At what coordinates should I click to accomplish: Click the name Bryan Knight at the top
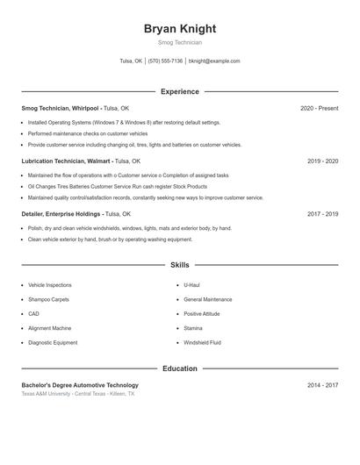pos(180,29)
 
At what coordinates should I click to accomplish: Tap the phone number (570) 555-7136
pos(165,61)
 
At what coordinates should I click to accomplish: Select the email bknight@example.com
pos(214,61)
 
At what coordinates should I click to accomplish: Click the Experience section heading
pos(180,91)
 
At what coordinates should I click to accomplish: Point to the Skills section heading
pos(180,264)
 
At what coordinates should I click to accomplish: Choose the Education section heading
pos(180,368)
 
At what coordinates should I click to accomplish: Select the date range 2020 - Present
pos(319,108)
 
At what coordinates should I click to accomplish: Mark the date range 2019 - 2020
pos(322,161)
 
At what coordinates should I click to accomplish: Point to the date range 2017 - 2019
pos(322,214)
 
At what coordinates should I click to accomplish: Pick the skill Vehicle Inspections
pos(50,285)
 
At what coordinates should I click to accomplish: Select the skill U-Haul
pos(192,285)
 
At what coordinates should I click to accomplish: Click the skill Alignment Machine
pos(50,328)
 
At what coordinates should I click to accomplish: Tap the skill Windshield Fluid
pos(202,342)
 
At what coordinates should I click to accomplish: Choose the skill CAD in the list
pos(33,314)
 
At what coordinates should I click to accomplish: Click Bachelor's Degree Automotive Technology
pos(80,385)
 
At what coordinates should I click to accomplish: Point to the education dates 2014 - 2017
pos(322,385)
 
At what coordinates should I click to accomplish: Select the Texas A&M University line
pos(78,394)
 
